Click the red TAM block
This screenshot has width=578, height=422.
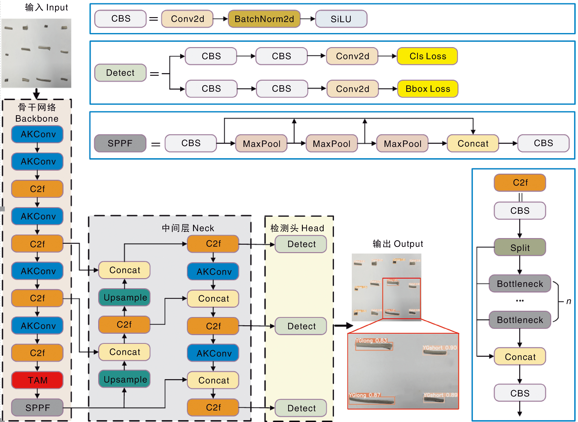37,380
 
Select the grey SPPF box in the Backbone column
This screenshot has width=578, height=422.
37,408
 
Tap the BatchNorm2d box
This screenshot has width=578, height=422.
264,19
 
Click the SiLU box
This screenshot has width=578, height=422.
341,19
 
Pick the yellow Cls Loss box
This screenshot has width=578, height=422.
427,56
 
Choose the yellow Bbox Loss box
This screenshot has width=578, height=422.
428,89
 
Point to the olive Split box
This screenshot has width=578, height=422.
520,248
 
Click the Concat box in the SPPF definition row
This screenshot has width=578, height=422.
473,144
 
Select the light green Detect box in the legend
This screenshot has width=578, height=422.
120,73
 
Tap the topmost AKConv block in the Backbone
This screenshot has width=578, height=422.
37,134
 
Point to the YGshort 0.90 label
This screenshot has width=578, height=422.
439,348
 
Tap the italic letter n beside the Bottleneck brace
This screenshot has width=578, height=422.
569,301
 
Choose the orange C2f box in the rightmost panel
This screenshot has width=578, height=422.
520,183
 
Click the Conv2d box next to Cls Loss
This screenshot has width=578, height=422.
352,56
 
